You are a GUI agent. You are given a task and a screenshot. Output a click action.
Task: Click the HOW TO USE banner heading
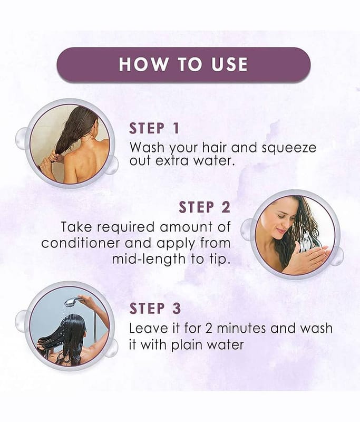pyautogui.click(x=183, y=64)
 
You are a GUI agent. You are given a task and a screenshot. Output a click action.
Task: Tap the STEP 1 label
pyautogui.click(x=154, y=128)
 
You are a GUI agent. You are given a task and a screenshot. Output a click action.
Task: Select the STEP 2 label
pyautogui.click(x=205, y=207)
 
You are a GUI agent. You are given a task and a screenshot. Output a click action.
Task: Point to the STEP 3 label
pyautogui.click(x=155, y=309)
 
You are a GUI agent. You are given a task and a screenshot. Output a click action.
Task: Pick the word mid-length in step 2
pyautogui.click(x=149, y=260)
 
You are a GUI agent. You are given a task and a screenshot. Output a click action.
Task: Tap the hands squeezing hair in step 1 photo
pyautogui.click(x=51, y=160)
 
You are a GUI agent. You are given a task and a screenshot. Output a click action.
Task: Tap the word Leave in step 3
pyautogui.click(x=145, y=329)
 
